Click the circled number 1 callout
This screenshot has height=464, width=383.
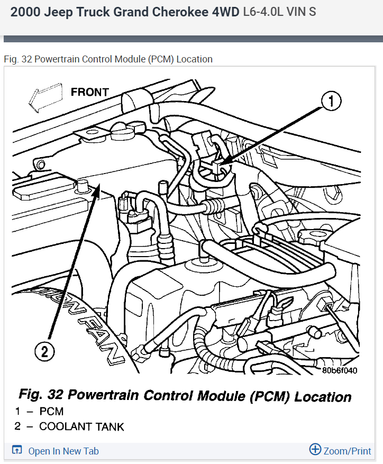(331, 102)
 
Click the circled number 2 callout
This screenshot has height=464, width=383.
(45, 350)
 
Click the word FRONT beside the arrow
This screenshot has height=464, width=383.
(89, 92)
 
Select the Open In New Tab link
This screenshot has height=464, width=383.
(63, 451)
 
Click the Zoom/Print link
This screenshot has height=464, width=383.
(346, 451)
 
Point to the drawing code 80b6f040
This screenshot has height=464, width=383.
(339, 370)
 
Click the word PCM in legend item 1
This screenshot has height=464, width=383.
(51, 412)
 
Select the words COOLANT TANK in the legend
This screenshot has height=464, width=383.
(81, 426)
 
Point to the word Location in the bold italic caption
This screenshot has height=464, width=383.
(323, 397)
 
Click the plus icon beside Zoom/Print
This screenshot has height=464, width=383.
(315, 450)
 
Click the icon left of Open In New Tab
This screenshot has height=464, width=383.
(17, 451)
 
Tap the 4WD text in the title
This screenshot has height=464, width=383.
(224, 12)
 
